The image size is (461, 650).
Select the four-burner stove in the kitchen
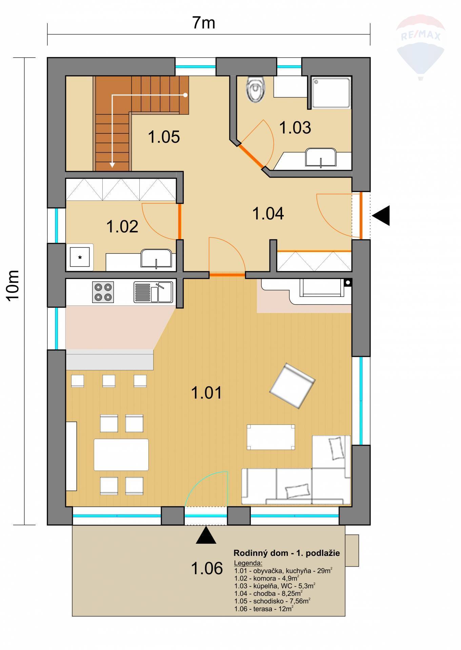(x=103, y=292)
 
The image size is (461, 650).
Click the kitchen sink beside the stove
(x=153, y=292)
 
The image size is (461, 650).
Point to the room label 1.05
(x=164, y=137)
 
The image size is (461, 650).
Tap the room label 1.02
(x=122, y=226)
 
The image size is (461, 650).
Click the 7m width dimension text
(x=204, y=23)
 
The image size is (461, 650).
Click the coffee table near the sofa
(x=271, y=437)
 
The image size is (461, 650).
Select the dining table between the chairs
(x=121, y=455)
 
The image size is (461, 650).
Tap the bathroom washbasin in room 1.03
(x=321, y=157)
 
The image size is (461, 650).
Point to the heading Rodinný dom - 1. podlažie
(x=287, y=553)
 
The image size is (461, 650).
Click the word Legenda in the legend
(x=248, y=563)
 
